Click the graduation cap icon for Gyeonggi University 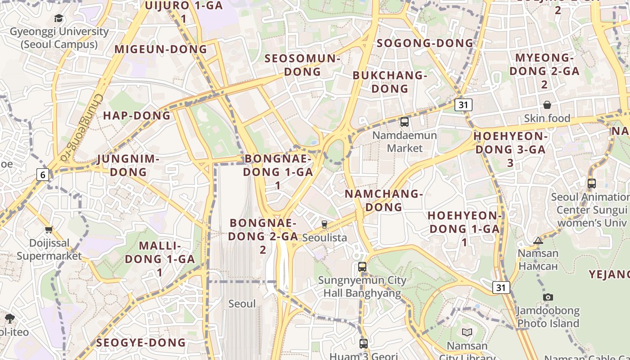click(x=59, y=18)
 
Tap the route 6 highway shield click(x=42, y=174)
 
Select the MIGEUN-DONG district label click(x=161, y=49)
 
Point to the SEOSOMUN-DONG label click(x=302, y=65)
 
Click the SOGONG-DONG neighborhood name click(x=425, y=43)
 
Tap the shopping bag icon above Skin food click(x=547, y=105)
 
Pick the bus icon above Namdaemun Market click(x=404, y=121)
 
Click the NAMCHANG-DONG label click(x=384, y=200)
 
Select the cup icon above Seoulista click(x=324, y=224)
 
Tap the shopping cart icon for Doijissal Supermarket click(x=49, y=230)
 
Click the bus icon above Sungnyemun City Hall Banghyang click(x=362, y=266)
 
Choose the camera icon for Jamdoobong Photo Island click(x=548, y=297)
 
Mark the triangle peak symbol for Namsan click(x=538, y=240)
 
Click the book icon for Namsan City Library click(x=467, y=333)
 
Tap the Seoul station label click(x=242, y=304)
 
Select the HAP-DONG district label click(x=137, y=116)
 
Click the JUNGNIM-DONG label click(x=128, y=165)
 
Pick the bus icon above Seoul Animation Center click(x=591, y=184)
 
